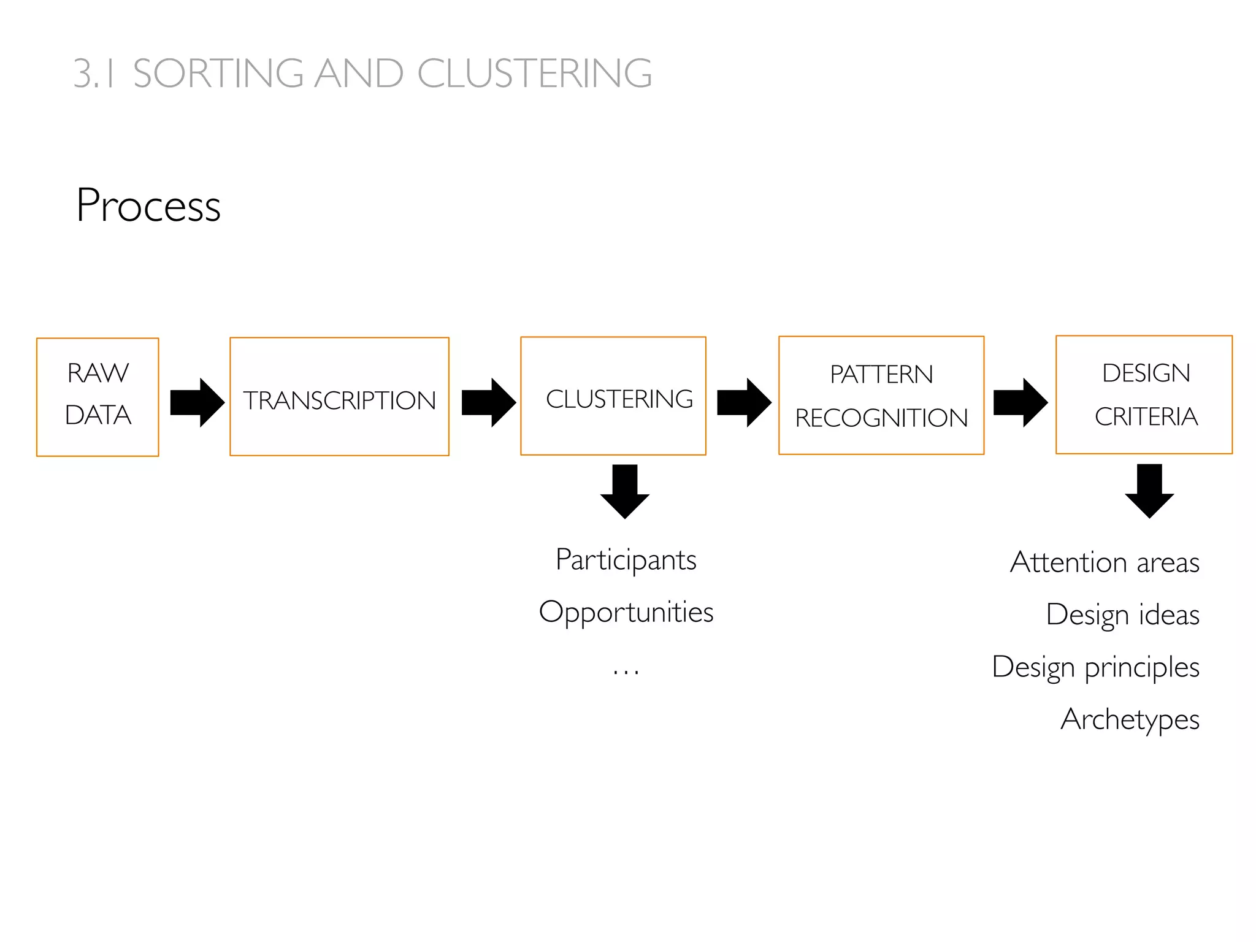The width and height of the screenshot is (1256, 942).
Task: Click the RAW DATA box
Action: coord(98,397)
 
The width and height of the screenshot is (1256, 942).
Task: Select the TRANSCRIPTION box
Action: coord(339,397)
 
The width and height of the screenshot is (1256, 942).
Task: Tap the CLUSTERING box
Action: coord(613,396)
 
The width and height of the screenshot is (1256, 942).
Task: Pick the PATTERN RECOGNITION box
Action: coord(881,396)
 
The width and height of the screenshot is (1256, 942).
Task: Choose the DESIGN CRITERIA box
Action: coord(1144,395)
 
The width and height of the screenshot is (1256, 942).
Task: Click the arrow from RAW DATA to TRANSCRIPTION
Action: coord(196,402)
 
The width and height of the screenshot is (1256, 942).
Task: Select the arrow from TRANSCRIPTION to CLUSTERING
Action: coord(488,402)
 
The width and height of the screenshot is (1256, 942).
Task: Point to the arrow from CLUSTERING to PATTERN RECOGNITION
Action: coord(743,402)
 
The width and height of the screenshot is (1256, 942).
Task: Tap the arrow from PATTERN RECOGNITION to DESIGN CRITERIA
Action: coord(1020,402)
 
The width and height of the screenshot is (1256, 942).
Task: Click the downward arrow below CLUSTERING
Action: coord(625,491)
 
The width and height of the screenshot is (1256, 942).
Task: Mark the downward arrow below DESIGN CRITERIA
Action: coord(1149,491)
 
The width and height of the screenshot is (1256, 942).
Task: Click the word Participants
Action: coord(626,560)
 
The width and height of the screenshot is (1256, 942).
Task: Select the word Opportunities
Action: coord(626,612)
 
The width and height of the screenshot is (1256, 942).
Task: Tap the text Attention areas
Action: coord(1105,562)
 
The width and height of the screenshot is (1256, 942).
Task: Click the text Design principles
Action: coord(1095,667)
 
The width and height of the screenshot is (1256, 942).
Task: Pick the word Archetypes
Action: coord(1130,719)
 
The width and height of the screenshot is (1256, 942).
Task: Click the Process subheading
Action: coord(148,205)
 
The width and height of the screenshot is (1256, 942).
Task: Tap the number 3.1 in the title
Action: coord(94,74)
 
